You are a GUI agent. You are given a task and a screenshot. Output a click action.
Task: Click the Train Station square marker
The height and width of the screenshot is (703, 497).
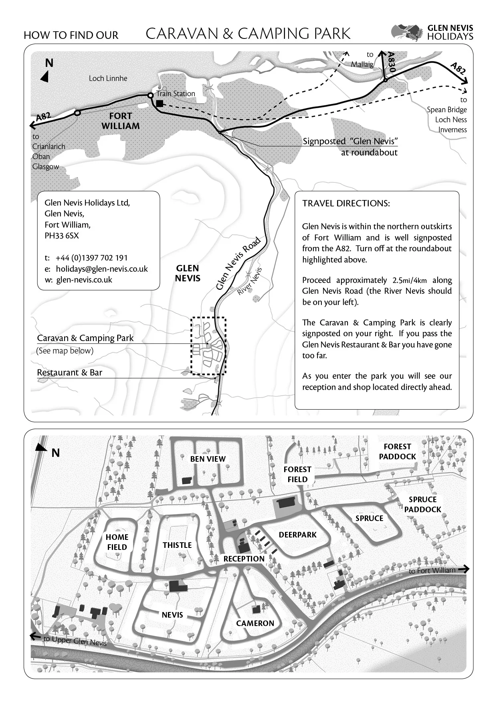(160, 104)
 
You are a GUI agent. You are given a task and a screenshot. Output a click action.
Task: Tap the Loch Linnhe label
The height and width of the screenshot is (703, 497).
(108, 79)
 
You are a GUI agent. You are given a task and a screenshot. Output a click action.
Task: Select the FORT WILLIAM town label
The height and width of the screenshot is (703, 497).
(120, 121)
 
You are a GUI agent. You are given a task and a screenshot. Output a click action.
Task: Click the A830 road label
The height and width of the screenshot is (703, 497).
(392, 63)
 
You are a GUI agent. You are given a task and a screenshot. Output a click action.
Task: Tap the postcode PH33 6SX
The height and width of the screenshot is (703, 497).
(62, 236)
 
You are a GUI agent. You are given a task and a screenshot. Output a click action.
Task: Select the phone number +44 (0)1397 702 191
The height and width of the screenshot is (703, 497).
(91, 258)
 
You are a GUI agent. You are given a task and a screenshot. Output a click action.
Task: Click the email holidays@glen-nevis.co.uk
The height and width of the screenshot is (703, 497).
(101, 269)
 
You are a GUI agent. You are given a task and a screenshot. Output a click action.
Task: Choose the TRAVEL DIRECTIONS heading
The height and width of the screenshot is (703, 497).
(346, 203)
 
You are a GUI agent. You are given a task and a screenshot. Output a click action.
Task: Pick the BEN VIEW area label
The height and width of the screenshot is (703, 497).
(208, 459)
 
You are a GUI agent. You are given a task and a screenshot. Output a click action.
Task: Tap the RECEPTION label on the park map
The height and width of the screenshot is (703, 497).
(244, 559)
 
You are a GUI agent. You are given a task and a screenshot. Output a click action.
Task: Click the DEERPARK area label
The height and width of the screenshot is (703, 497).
(297, 535)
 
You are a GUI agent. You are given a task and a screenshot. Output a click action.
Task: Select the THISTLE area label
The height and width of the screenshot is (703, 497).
(177, 545)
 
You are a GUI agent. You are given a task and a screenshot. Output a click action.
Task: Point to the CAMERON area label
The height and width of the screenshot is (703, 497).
(255, 623)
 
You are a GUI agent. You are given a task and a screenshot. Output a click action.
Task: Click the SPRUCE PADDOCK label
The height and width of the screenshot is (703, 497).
(422, 505)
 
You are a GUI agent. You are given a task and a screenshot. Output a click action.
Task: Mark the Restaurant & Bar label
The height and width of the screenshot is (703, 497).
(69, 373)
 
